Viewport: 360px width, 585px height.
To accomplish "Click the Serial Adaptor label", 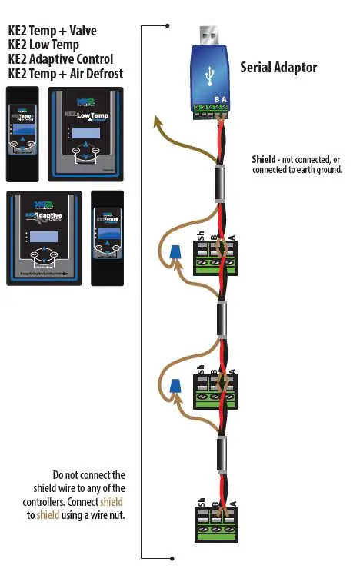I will pyautogui.click(x=278, y=68).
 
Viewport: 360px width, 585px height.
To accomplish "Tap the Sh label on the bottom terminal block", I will pyautogui.click(x=201, y=503).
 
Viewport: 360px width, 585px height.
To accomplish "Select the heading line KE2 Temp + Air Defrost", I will pyautogui.click(x=65, y=73).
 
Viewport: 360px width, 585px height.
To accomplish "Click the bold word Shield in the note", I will pyautogui.click(x=266, y=160).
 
